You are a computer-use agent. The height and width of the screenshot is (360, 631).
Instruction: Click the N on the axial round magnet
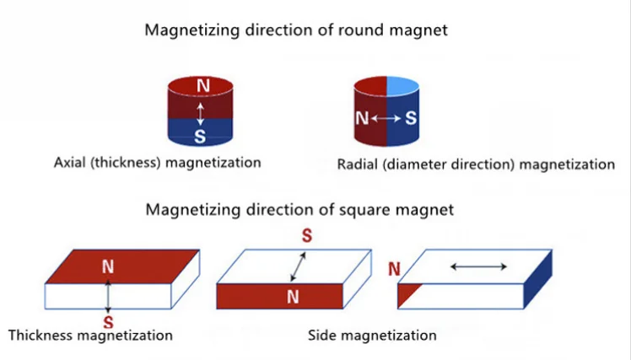coord(201,85)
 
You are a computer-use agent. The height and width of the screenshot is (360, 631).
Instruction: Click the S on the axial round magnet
coord(200,136)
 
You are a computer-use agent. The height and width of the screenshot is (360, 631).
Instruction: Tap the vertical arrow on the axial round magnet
coord(200,112)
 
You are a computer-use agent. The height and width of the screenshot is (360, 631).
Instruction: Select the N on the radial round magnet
coord(362,119)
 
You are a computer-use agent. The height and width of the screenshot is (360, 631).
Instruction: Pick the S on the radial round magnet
coord(410,119)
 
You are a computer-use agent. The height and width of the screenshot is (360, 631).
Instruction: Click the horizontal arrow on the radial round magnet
coord(386,120)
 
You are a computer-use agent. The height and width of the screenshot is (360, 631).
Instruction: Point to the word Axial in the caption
coord(71,162)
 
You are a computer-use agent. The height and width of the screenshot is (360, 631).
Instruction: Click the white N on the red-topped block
coord(108,266)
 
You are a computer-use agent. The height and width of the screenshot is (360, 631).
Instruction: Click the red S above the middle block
coord(307,236)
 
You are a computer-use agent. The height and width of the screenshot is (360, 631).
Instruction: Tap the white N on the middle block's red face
coord(293,296)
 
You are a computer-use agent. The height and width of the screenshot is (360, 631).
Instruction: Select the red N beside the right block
coord(394,270)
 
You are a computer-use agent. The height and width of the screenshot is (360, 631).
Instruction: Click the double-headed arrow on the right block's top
coord(478,266)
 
